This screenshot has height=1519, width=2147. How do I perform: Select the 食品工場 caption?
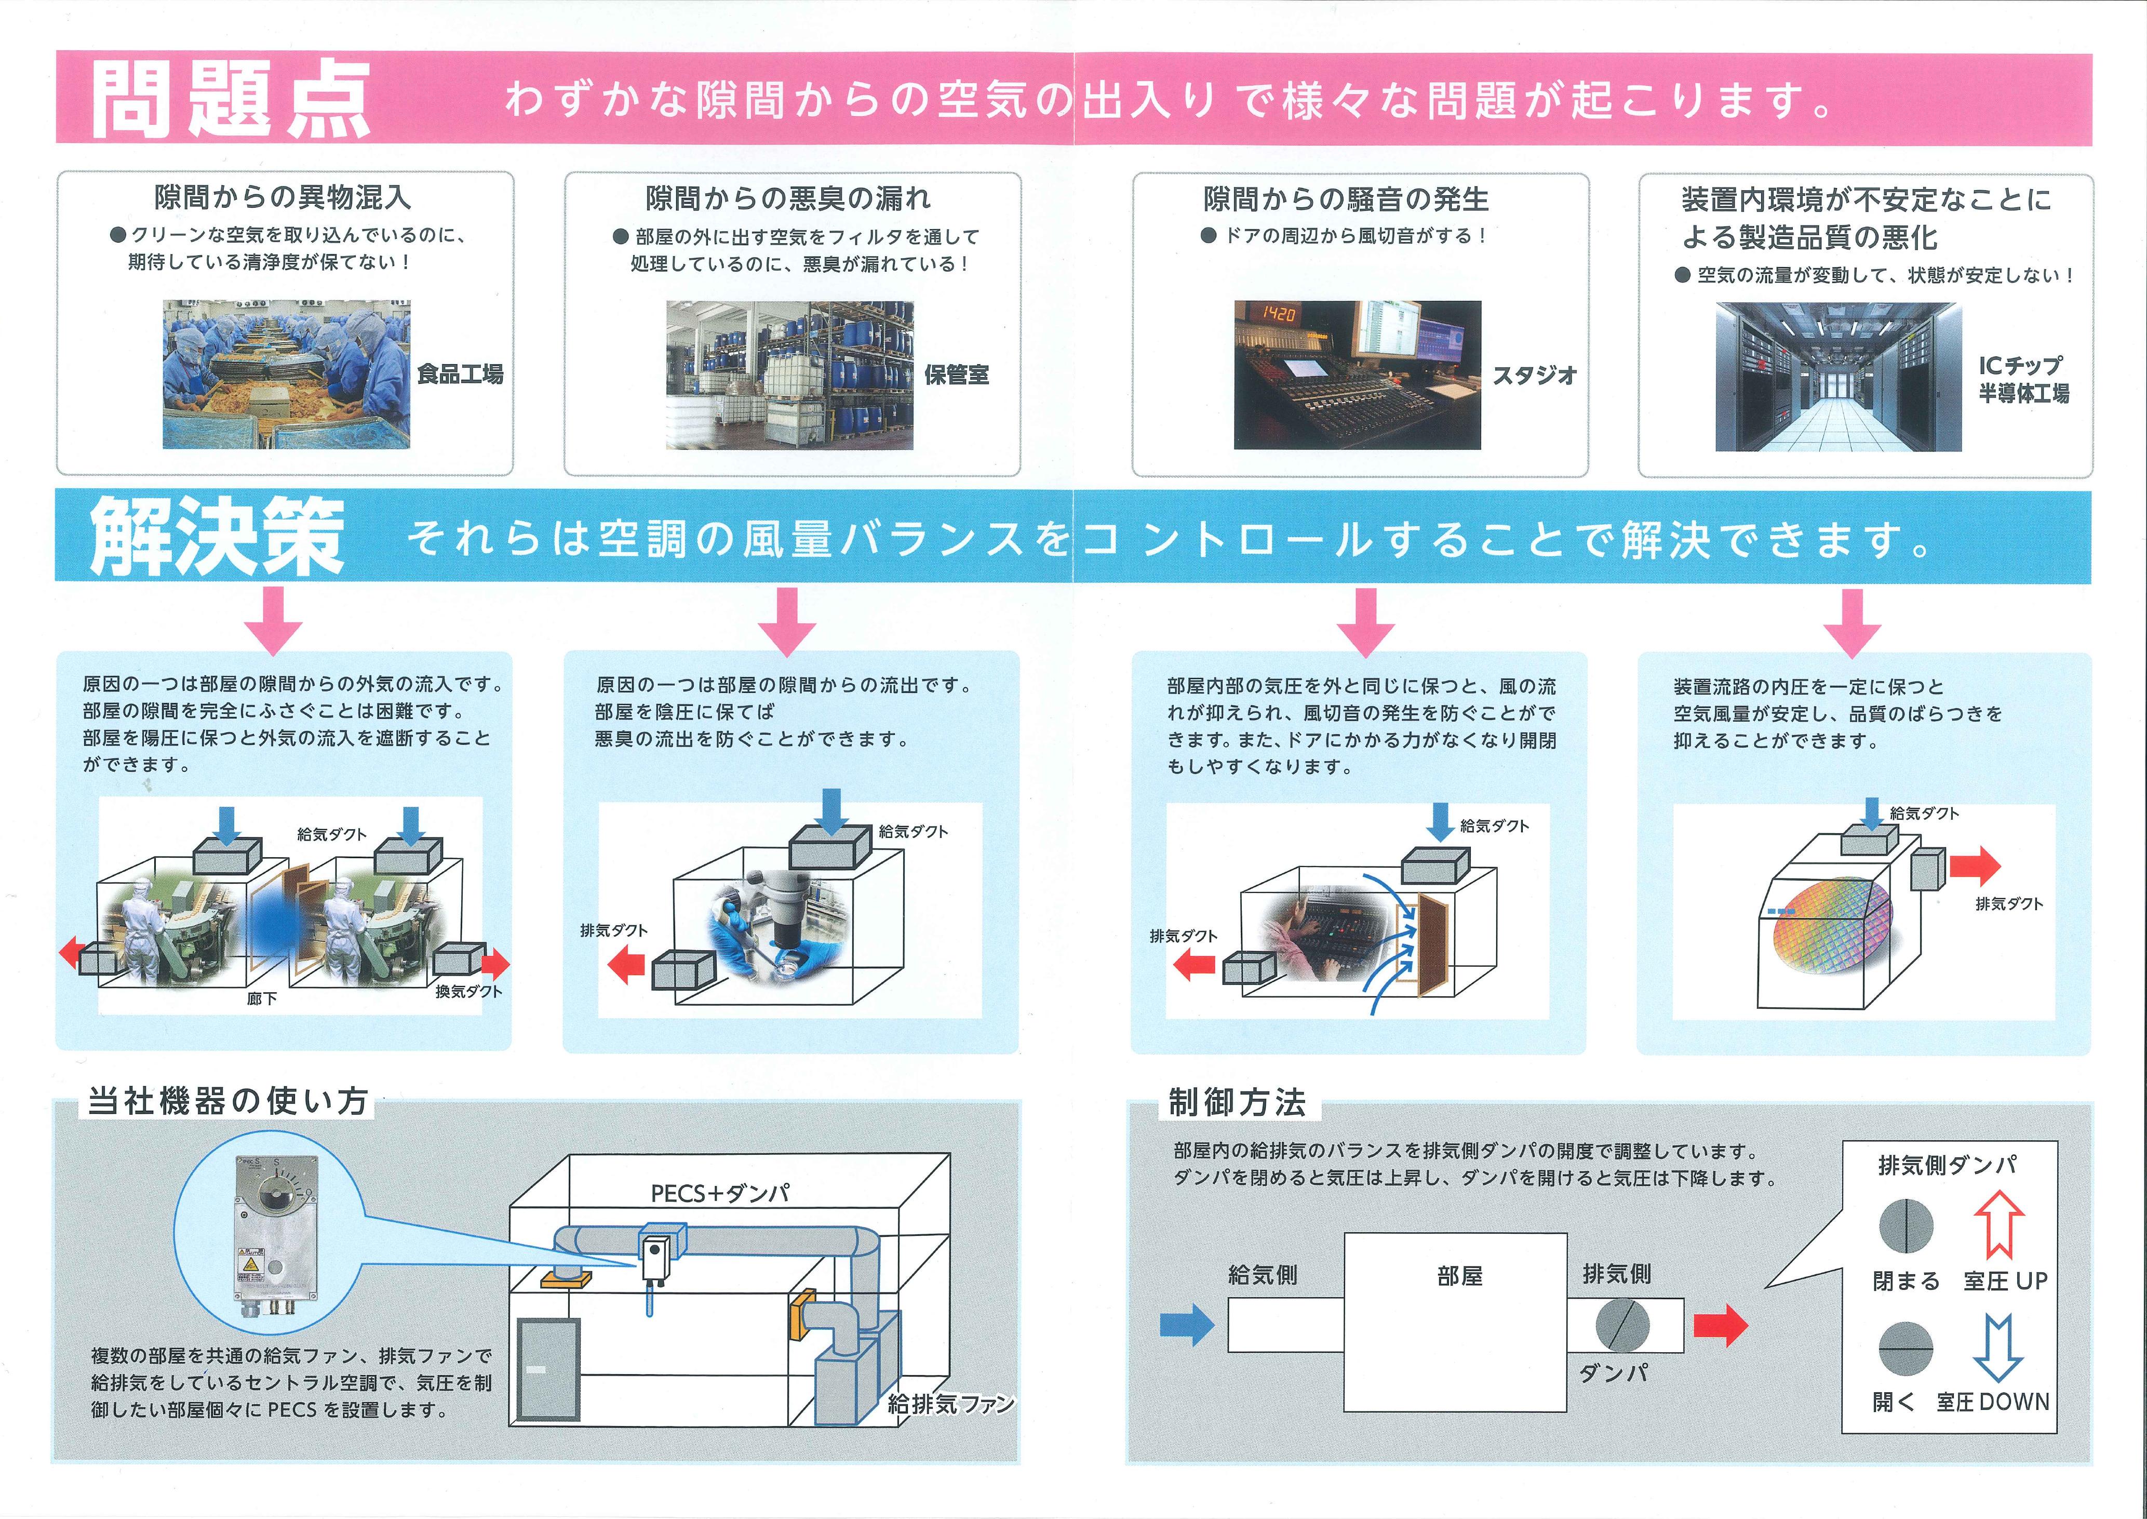pyautogui.click(x=460, y=374)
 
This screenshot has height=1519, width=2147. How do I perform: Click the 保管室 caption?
pyautogui.click(x=956, y=375)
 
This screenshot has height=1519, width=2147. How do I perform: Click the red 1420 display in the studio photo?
pyautogui.click(x=1278, y=314)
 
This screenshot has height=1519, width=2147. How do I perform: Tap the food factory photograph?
pyautogui.click(x=286, y=374)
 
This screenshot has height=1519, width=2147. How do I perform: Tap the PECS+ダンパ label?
pyautogui.click(x=720, y=1193)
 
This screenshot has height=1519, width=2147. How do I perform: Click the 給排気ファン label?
pyautogui.click(x=950, y=1403)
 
